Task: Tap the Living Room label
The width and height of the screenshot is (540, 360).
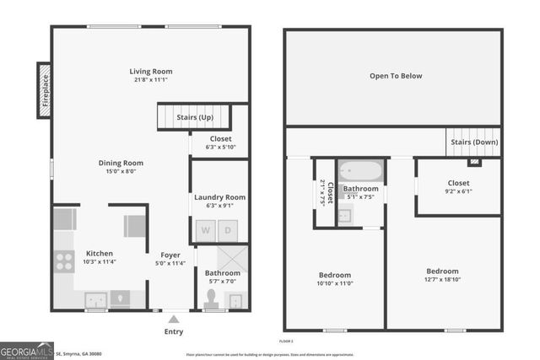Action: tap(150, 71)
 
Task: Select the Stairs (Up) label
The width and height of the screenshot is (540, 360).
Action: tap(195, 117)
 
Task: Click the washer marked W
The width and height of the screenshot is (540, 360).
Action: tap(205, 230)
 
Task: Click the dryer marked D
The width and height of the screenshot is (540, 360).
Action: tap(227, 230)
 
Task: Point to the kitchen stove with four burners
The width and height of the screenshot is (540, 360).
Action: tap(64, 261)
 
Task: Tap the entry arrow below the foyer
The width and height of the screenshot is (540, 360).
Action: tap(173, 319)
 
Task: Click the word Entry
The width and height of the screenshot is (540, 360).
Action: tap(173, 331)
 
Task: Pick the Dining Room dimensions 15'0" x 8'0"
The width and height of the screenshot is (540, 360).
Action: tap(121, 171)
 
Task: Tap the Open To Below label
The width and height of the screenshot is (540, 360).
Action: tap(395, 76)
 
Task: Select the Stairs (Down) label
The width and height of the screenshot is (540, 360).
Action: tap(473, 142)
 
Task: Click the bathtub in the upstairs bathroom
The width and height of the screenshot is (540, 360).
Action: tap(361, 171)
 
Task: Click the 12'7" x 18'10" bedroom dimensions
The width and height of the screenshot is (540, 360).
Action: tap(442, 280)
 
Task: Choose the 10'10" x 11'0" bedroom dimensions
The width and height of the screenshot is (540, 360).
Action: tap(334, 284)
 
